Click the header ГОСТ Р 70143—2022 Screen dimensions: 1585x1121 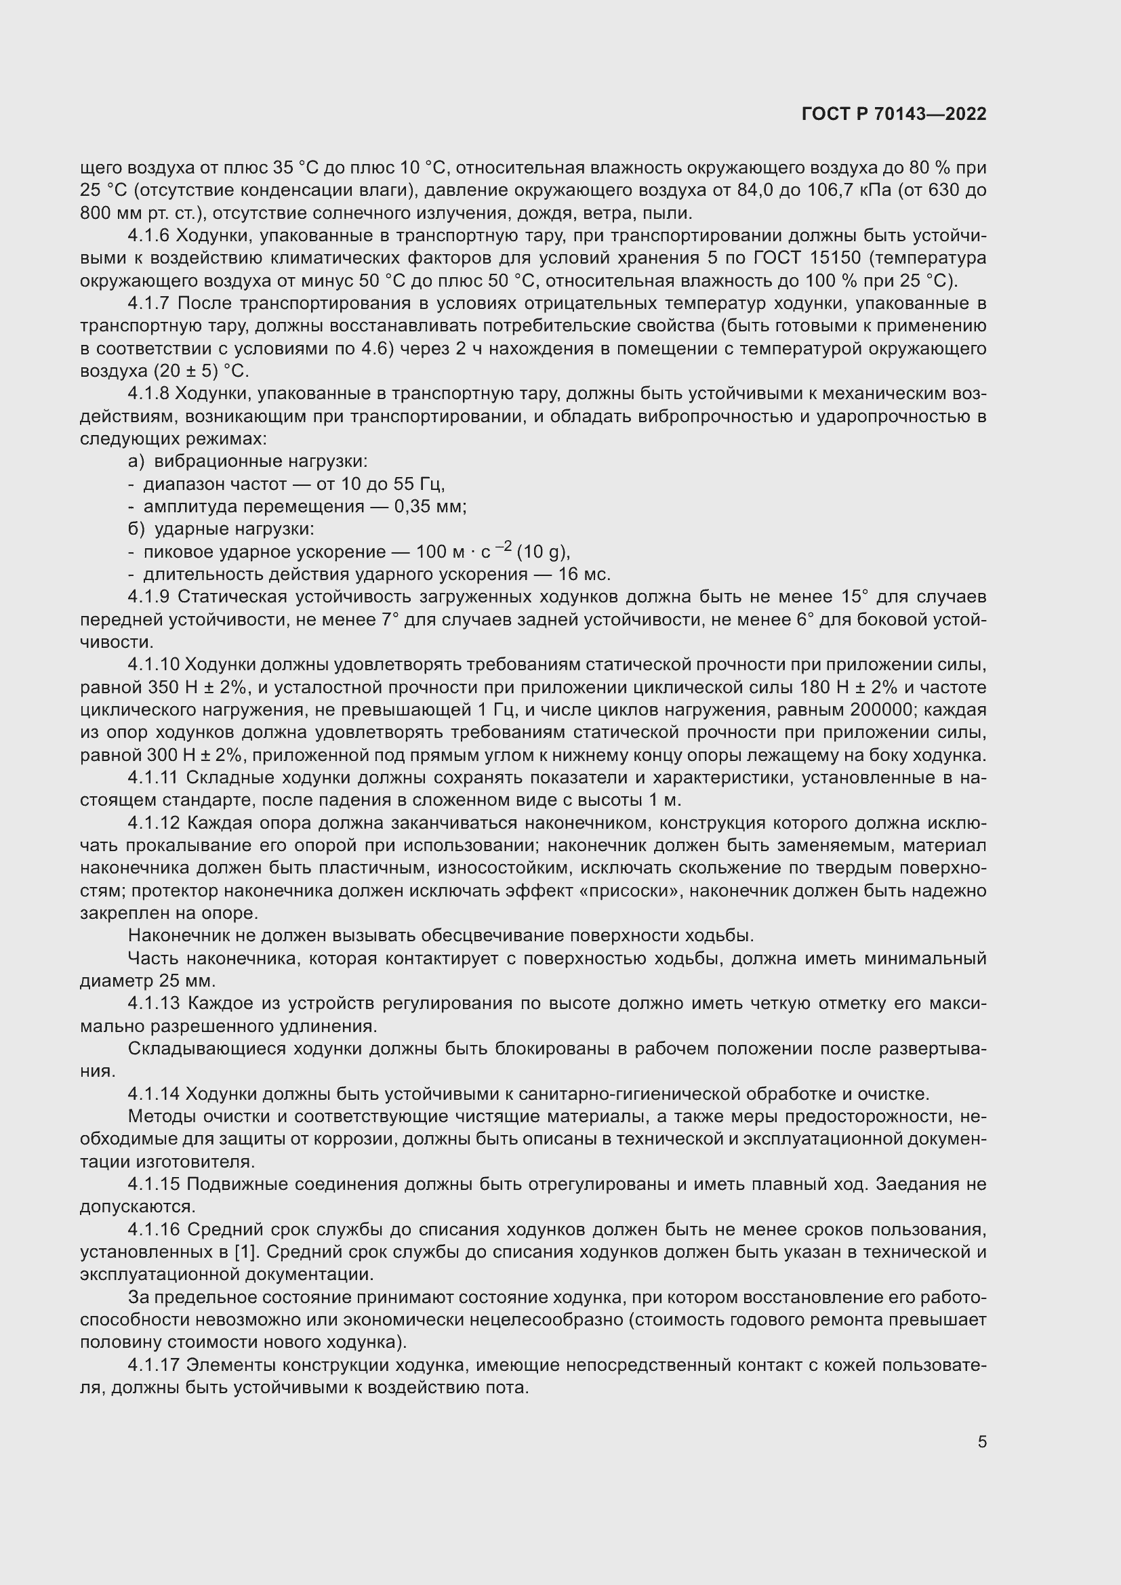[894, 114]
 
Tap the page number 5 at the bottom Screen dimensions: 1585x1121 [981, 1441]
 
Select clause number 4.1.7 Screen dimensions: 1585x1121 [149, 303]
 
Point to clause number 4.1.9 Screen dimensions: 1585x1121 [149, 596]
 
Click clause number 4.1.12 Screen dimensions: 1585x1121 [153, 822]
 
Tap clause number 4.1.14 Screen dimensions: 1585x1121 [153, 1094]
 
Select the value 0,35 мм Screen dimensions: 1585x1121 [429, 507]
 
